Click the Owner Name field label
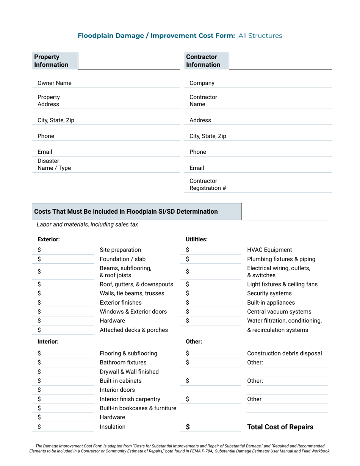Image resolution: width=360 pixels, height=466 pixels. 54,83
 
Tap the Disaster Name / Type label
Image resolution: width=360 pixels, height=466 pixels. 54,164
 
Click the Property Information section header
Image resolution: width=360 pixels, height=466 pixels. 51,61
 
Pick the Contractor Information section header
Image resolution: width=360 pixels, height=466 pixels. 203,61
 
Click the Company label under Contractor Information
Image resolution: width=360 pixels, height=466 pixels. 202,83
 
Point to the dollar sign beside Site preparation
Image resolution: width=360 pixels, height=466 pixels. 39,250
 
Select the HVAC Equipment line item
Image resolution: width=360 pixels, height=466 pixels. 269,250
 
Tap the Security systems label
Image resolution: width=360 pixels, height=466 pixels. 269,293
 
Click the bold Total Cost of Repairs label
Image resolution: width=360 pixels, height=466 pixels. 280,427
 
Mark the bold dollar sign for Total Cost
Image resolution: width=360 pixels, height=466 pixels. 188,427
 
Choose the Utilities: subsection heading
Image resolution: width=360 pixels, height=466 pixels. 196,239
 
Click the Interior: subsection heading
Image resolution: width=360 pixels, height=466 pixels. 48,341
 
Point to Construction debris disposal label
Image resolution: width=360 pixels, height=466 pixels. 284,353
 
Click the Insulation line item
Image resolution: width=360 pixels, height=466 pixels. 113,427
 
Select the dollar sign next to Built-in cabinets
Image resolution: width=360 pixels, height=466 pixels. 39,381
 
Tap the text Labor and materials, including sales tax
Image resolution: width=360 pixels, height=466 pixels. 87,224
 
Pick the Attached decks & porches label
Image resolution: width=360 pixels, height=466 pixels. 133,330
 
